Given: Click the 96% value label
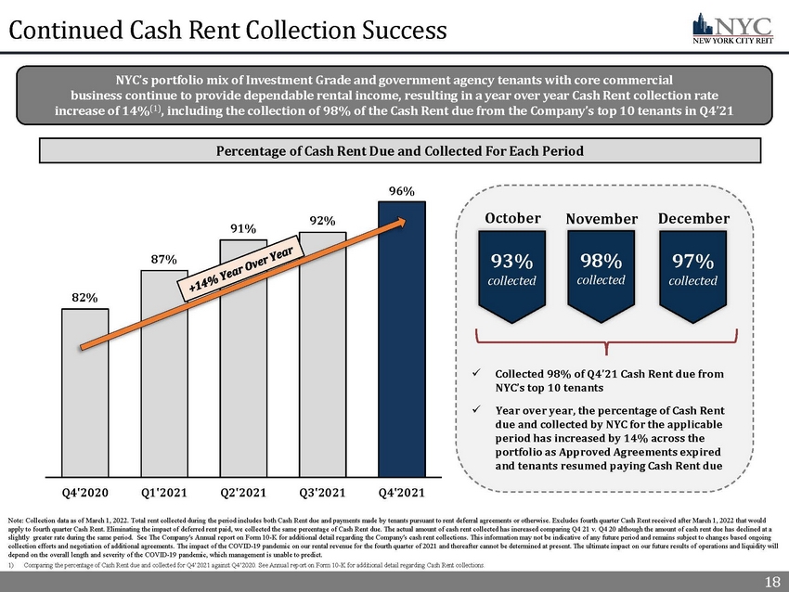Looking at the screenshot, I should [401, 192].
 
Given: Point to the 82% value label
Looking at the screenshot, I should [84, 297].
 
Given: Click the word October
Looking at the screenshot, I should [513, 218].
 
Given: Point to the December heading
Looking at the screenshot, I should [693, 218].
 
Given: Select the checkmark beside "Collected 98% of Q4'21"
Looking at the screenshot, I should [476, 374].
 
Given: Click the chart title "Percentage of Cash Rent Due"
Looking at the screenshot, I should [401, 150].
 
